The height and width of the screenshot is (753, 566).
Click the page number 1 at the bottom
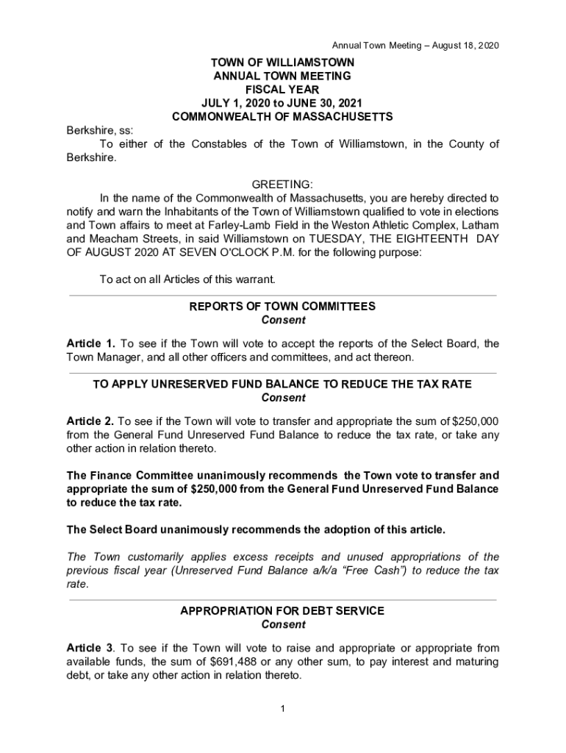click(x=282, y=708)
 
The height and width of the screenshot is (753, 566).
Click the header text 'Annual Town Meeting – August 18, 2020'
click(x=415, y=46)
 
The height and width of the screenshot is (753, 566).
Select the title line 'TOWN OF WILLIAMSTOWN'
click(x=282, y=63)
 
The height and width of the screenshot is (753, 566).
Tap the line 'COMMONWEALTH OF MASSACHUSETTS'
click(x=282, y=116)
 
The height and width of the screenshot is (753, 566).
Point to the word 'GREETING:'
click(x=282, y=184)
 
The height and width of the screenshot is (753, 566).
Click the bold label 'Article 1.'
click(x=91, y=343)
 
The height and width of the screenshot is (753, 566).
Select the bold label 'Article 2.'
click(x=90, y=421)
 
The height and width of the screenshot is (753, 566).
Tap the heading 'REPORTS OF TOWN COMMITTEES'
click(x=282, y=306)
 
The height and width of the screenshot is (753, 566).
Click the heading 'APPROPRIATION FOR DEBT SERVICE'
click(x=282, y=611)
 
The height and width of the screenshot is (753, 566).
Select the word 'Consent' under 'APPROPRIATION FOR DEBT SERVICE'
click(x=283, y=625)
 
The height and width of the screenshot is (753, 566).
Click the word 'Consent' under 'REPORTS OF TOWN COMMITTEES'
click(x=283, y=320)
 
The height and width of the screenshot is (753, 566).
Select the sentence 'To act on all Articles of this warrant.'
click(x=187, y=279)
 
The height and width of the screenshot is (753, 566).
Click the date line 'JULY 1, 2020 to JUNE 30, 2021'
click(x=282, y=103)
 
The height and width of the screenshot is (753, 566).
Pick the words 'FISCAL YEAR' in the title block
click(x=282, y=89)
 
